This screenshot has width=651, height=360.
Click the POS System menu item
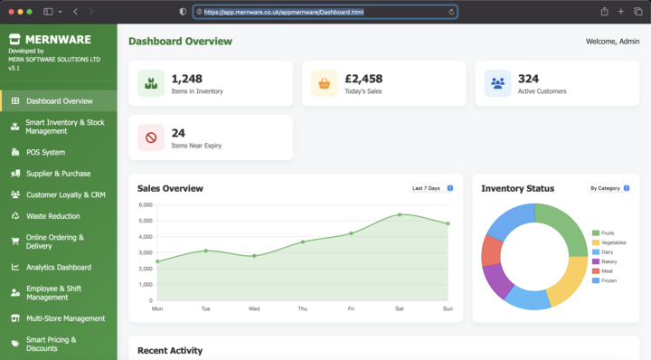[46, 152]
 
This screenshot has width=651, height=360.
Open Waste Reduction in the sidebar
[53, 216]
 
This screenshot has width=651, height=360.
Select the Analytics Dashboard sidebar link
[59, 268]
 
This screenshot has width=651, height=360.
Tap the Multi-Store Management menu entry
[66, 318]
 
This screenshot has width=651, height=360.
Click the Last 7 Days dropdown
[431, 188]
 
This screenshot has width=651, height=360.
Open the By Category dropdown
[609, 188]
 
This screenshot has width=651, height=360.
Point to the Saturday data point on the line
[400, 214]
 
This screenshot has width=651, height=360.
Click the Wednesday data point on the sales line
[254, 256]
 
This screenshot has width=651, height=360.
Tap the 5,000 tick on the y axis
[146, 221]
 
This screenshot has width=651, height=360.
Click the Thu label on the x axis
[303, 309]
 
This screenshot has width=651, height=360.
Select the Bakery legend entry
[605, 261]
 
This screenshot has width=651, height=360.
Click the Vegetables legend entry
[609, 242]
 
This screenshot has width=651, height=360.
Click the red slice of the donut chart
[492, 251]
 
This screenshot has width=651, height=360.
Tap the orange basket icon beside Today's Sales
[325, 83]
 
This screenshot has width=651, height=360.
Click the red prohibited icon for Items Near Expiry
[151, 137]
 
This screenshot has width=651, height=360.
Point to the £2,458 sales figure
[363, 79]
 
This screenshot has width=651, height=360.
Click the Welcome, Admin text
[612, 42]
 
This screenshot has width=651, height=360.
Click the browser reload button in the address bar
[451, 12]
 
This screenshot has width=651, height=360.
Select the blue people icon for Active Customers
[497, 83]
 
